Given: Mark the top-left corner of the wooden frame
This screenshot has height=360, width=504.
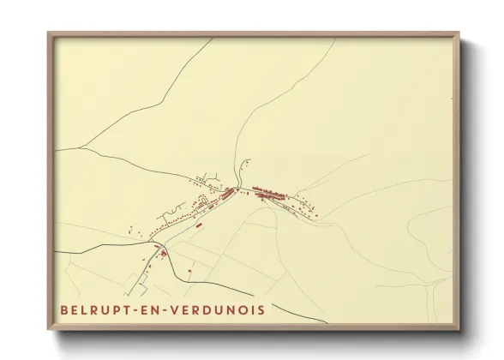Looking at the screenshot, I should [48, 32].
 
